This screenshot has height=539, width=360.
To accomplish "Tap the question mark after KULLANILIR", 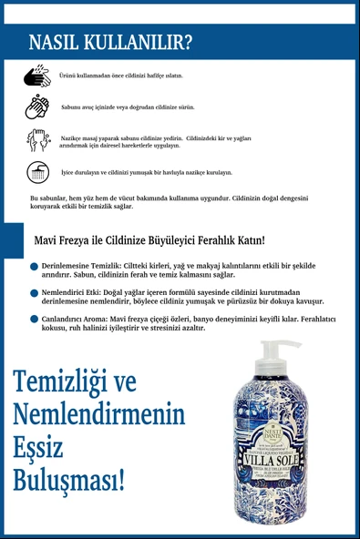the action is tap(187, 43).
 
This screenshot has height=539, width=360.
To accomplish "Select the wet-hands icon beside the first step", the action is tap(37, 75).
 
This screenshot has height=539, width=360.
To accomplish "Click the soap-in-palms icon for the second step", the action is tap(37, 107).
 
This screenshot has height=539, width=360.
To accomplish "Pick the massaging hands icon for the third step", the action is tap(37, 140).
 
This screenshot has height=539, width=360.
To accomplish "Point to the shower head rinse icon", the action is tap(37, 172).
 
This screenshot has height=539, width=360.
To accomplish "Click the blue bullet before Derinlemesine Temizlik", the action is tap(34, 266).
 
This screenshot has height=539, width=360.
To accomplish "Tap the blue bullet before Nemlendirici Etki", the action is tap(34, 293).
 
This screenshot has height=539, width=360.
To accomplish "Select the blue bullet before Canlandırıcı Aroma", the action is tap(34, 320).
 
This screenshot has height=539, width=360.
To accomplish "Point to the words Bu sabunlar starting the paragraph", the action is tap(50, 198).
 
